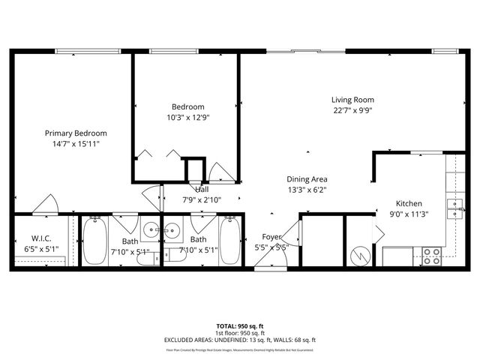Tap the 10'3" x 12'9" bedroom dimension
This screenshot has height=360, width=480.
[x=187, y=117]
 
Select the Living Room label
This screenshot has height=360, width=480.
[x=352, y=100]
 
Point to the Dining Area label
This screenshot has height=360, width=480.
[x=307, y=179]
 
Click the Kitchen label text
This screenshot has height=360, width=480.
[x=409, y=203]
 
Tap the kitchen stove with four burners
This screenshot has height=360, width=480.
[x=431, y=254]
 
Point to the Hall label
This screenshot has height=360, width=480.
[x=202, y=190]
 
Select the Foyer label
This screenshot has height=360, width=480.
[x=271, y=237]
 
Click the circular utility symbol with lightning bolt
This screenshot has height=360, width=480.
[x=361, y=254]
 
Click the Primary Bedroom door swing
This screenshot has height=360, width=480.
[x=41, y=205]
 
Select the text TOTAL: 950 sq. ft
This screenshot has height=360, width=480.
[x=239, y=325]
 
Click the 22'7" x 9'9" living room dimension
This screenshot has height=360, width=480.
[x=352, y=110]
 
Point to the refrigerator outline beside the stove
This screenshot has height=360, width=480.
[x=397, y=256]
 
